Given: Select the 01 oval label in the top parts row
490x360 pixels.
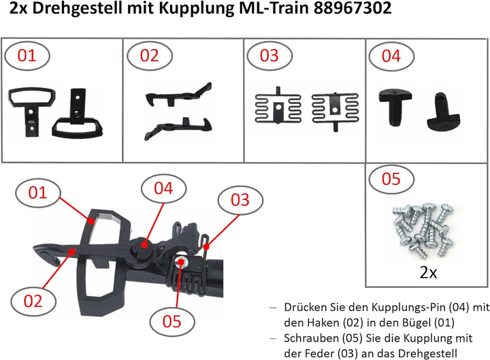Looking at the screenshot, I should (x=29, y=56).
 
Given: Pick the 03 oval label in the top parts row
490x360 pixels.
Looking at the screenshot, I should (x=269, y=56).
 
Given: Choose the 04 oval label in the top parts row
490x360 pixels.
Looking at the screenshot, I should (x=391, y=56).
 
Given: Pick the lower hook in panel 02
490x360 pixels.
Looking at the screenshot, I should (x=178, y=123).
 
